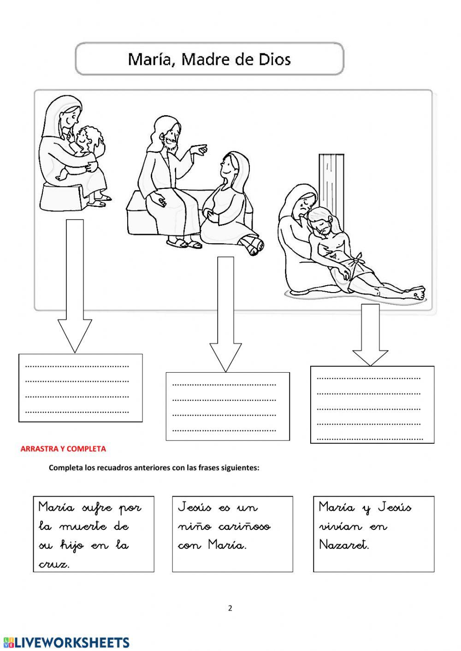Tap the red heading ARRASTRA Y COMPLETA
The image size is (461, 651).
point(63,449)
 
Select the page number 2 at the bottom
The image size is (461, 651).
point(230,608)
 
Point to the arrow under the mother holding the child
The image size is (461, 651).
point(75,299)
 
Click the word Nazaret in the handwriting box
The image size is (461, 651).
point(344,545)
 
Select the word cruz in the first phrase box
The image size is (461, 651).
point(54,564)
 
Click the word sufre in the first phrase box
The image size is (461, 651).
point(97,508)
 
